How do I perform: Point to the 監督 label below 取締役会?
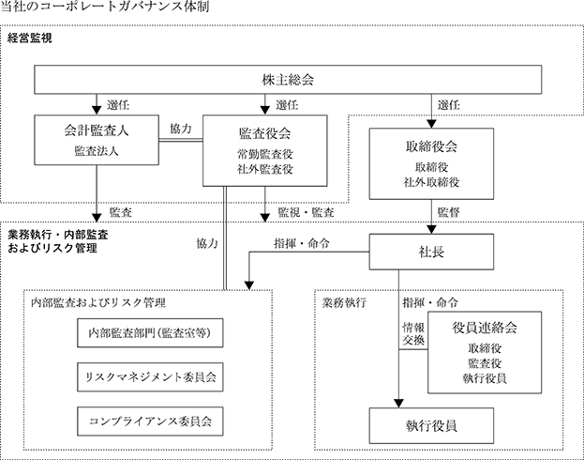(448, 212)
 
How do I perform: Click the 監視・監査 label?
(306, 212)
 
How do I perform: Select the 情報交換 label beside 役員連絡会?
(413, 334)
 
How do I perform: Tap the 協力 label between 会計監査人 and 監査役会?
(181, 129)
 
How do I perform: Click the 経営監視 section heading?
(30, 38)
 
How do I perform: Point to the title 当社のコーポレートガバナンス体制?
(105, 7)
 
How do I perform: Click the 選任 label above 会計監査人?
(118, 105)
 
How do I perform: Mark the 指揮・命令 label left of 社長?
(302, 244)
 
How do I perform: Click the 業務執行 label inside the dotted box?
(344, 302)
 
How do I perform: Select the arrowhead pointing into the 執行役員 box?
(399, 404)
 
